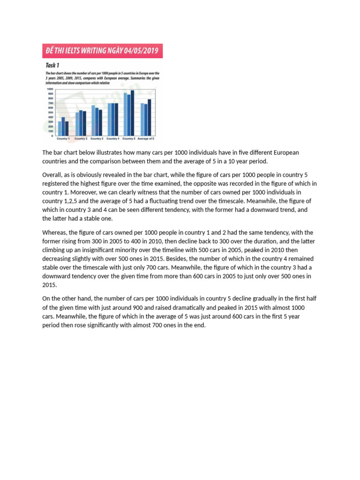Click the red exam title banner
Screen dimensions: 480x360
coord(102,51)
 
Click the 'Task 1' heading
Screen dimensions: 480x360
coord(52,65)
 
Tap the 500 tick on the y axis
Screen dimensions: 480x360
coord(50,112)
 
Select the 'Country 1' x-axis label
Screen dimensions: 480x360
coord(63,139)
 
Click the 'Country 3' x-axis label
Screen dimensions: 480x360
coord(97,139)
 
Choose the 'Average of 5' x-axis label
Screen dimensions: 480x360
coord(146,139)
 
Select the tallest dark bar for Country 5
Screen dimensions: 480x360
coord(133,112)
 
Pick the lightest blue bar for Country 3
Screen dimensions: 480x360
coord(93,120)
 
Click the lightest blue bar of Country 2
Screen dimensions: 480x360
coord(77,124)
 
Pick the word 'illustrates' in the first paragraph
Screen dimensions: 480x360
coord(103,153)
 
